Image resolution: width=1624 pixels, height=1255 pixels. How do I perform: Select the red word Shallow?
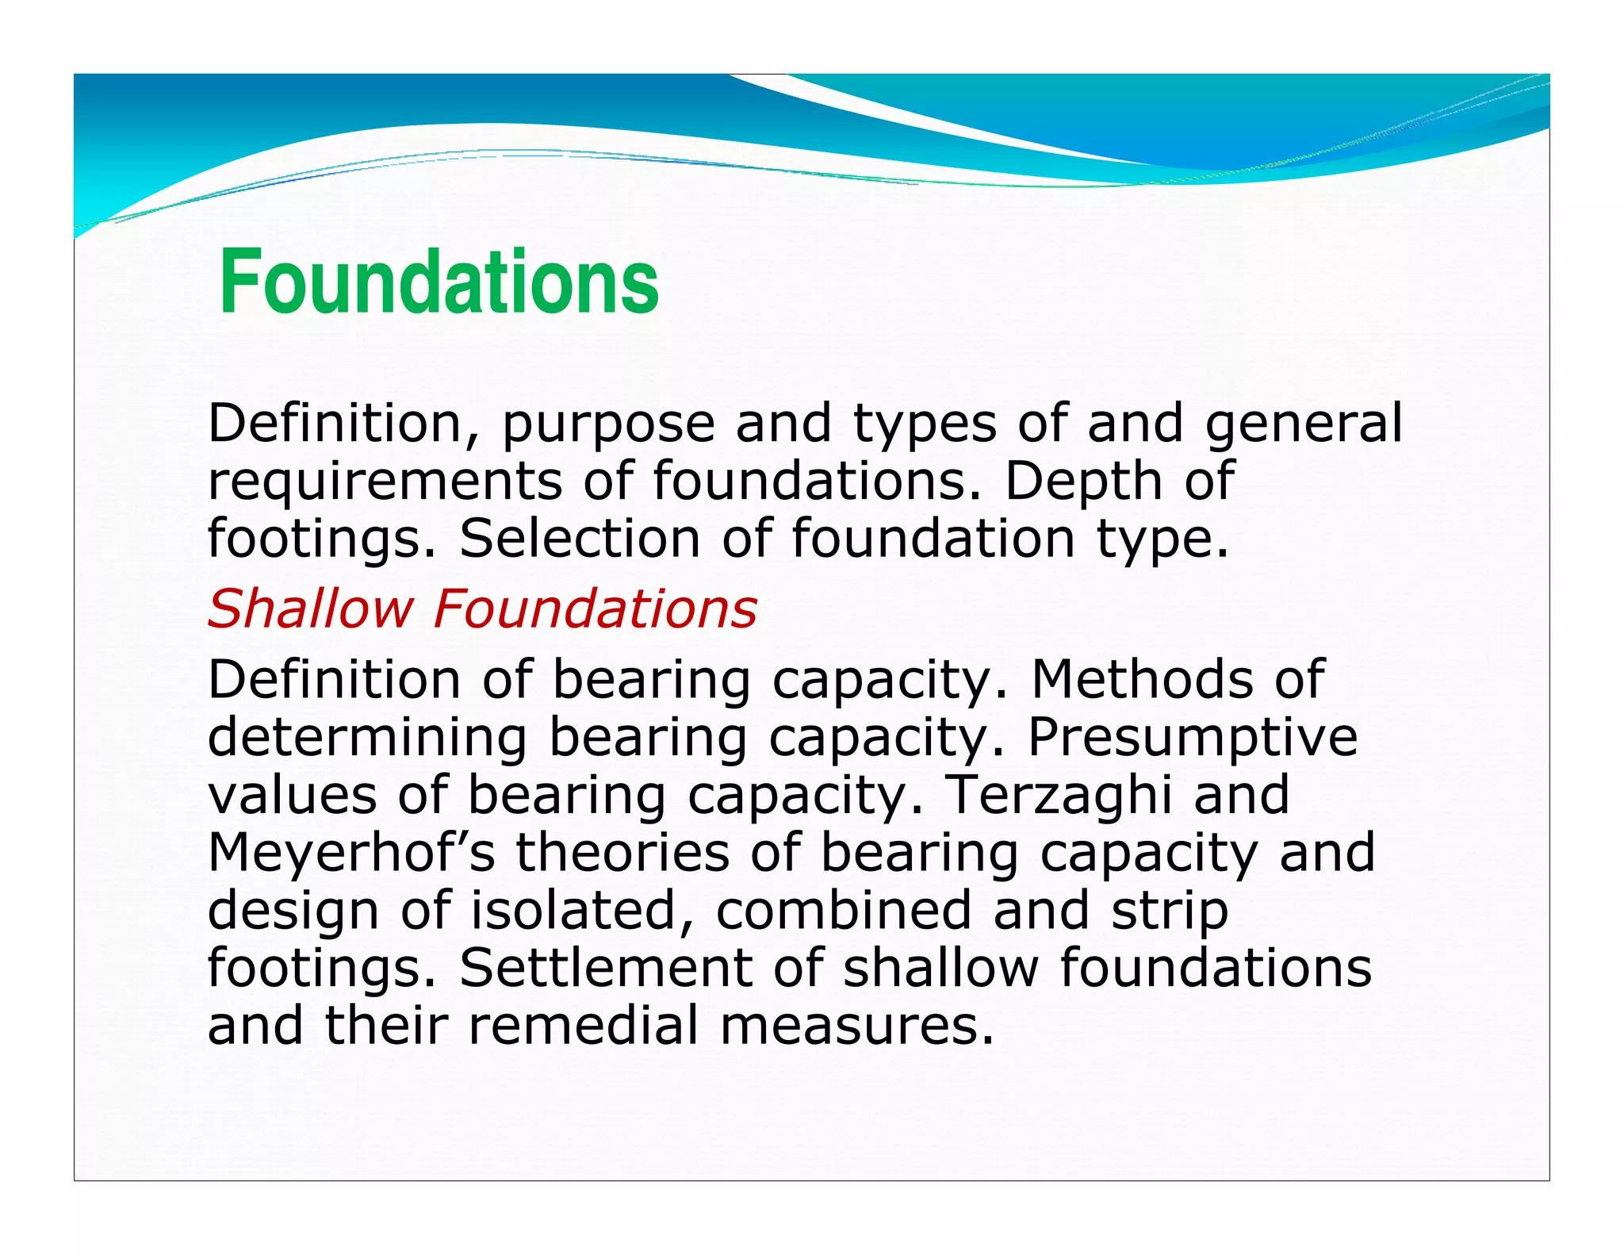coord(309,609)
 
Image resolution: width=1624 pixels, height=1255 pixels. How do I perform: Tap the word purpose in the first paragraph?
coord(608,425)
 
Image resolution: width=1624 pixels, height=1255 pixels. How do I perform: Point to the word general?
coord(1304,425)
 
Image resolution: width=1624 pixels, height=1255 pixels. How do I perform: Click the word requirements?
coord(385,482)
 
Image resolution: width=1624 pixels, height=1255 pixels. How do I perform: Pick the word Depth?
coord(1084,482)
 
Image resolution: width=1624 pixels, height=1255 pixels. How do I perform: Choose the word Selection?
coord(580,539)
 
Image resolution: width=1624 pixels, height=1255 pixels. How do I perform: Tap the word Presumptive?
coord(1193,738)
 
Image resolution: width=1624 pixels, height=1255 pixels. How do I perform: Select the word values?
coord(292,796)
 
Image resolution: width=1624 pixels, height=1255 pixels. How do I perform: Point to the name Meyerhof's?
coord(351,854)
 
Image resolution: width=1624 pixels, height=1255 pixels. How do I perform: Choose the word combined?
coord(844,910)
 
